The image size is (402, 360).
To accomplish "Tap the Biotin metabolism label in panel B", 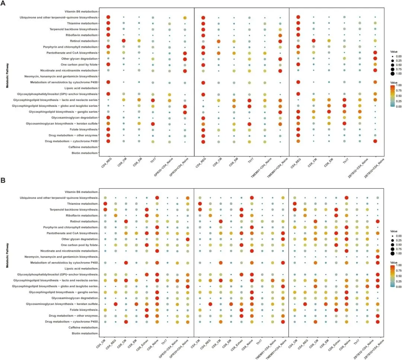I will [x=85, y=334].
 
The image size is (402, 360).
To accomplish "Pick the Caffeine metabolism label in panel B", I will [x=83, y=328].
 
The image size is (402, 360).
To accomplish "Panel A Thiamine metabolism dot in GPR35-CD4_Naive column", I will [x=169, y=23].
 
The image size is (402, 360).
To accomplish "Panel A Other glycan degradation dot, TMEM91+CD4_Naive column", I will [x=280, y=59].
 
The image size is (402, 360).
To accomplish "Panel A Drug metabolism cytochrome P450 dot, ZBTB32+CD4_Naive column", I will [x=375, y=141].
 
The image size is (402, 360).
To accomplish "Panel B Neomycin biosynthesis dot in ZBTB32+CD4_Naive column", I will [x=378, y=257].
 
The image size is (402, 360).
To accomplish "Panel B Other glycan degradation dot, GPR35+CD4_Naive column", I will [x=188, y=239].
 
